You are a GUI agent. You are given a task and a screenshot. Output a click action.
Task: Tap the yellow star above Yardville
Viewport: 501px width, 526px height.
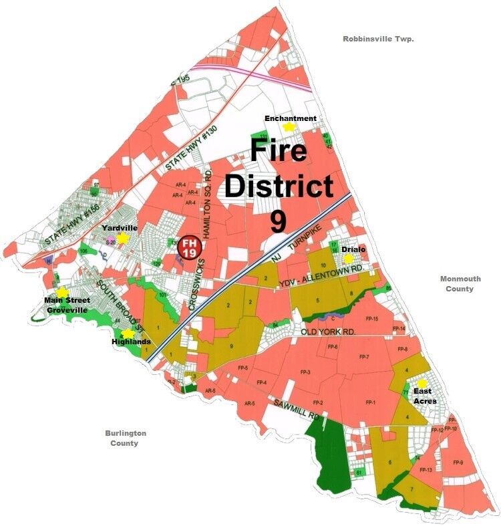122,239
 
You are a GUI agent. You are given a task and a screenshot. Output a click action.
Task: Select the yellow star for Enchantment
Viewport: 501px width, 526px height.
289,126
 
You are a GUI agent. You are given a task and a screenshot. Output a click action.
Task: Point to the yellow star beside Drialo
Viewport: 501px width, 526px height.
347,259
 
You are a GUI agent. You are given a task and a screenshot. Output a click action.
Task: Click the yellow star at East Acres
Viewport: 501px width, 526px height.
422,383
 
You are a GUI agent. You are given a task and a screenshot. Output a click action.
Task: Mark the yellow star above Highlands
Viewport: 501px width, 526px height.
128,333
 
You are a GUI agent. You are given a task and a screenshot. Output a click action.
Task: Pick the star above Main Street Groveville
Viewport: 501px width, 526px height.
62,292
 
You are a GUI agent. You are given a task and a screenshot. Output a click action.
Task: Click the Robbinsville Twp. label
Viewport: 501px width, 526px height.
379,39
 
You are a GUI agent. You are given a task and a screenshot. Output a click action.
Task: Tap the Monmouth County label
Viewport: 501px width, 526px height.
457,284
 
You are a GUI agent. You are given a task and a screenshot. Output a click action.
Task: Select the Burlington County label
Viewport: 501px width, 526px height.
126,438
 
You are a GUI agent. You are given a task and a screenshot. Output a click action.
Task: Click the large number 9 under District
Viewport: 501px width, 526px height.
279,221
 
